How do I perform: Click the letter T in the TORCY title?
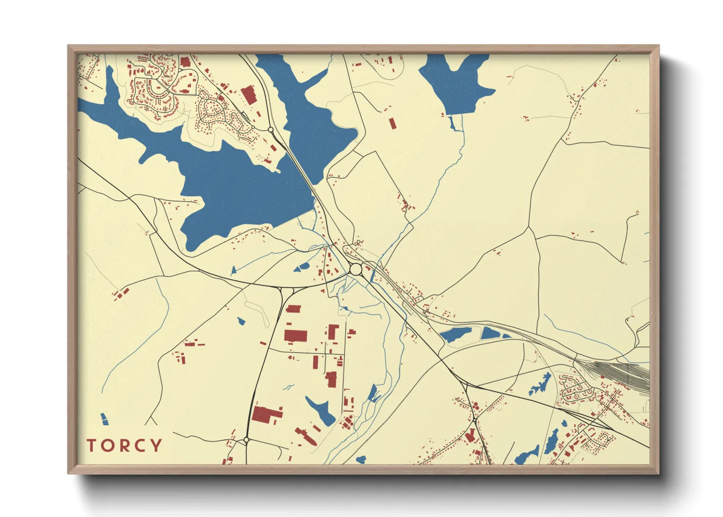click(x=91, y=446)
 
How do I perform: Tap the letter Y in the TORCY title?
click(x=156, y=446)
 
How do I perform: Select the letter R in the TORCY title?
click(x=124, y=446)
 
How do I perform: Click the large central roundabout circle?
click(x=356, y=269)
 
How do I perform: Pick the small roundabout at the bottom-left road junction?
click(x=246, y=440)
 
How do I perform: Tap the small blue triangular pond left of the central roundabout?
click(x=233, y=270)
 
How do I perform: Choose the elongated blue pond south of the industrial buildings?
click(x=320, y=410)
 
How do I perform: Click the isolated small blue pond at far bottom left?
click(x=104, y=419)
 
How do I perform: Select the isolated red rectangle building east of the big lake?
click(x=392, y=123)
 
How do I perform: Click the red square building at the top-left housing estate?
click(x=185, y=62)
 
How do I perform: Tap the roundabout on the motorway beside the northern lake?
click(x=271, y=129)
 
